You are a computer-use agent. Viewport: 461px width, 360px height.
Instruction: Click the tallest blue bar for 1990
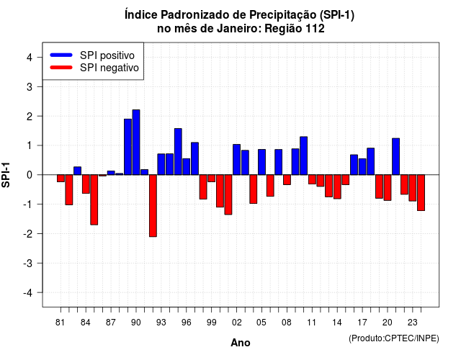click(x=136, y=143)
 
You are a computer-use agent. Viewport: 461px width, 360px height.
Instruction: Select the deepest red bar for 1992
click(x=153, y=206)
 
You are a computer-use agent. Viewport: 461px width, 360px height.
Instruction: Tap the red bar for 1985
click(x=94, y=200)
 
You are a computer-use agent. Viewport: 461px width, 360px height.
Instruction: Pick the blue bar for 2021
click(x=395, y=157)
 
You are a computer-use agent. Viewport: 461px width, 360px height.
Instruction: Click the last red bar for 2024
click(x=421, y=193)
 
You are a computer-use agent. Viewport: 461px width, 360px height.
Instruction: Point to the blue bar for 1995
click(x=178, y=152)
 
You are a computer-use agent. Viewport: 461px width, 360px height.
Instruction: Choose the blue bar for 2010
click(x=304, y=156)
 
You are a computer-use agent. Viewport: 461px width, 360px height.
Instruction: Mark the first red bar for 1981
click(x=61, y=179)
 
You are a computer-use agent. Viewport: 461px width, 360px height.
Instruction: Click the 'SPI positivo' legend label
click(x=107, y=55)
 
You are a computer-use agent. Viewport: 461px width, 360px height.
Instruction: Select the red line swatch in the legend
click(x=61, y=68)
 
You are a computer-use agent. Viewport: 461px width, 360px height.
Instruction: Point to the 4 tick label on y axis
click(x=30, y=58)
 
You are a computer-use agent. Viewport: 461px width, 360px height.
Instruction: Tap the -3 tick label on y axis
click(x=28, y=264)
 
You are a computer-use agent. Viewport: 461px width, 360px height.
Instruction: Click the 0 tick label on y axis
click(x=30, y=175)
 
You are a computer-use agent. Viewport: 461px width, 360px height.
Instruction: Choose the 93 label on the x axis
click(x=161, y=323)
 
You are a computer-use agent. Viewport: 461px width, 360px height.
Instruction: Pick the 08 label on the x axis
click(x=287, y=323)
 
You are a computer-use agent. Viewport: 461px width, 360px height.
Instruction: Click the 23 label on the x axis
click(x=413, y=323)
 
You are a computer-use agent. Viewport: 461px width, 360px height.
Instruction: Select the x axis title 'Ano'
click(x=241, y=343)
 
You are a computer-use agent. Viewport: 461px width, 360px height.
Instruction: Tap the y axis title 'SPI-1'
click(x=6, y=175)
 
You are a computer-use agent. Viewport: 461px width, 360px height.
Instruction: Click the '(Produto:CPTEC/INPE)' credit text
click(x=394, y=338)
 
